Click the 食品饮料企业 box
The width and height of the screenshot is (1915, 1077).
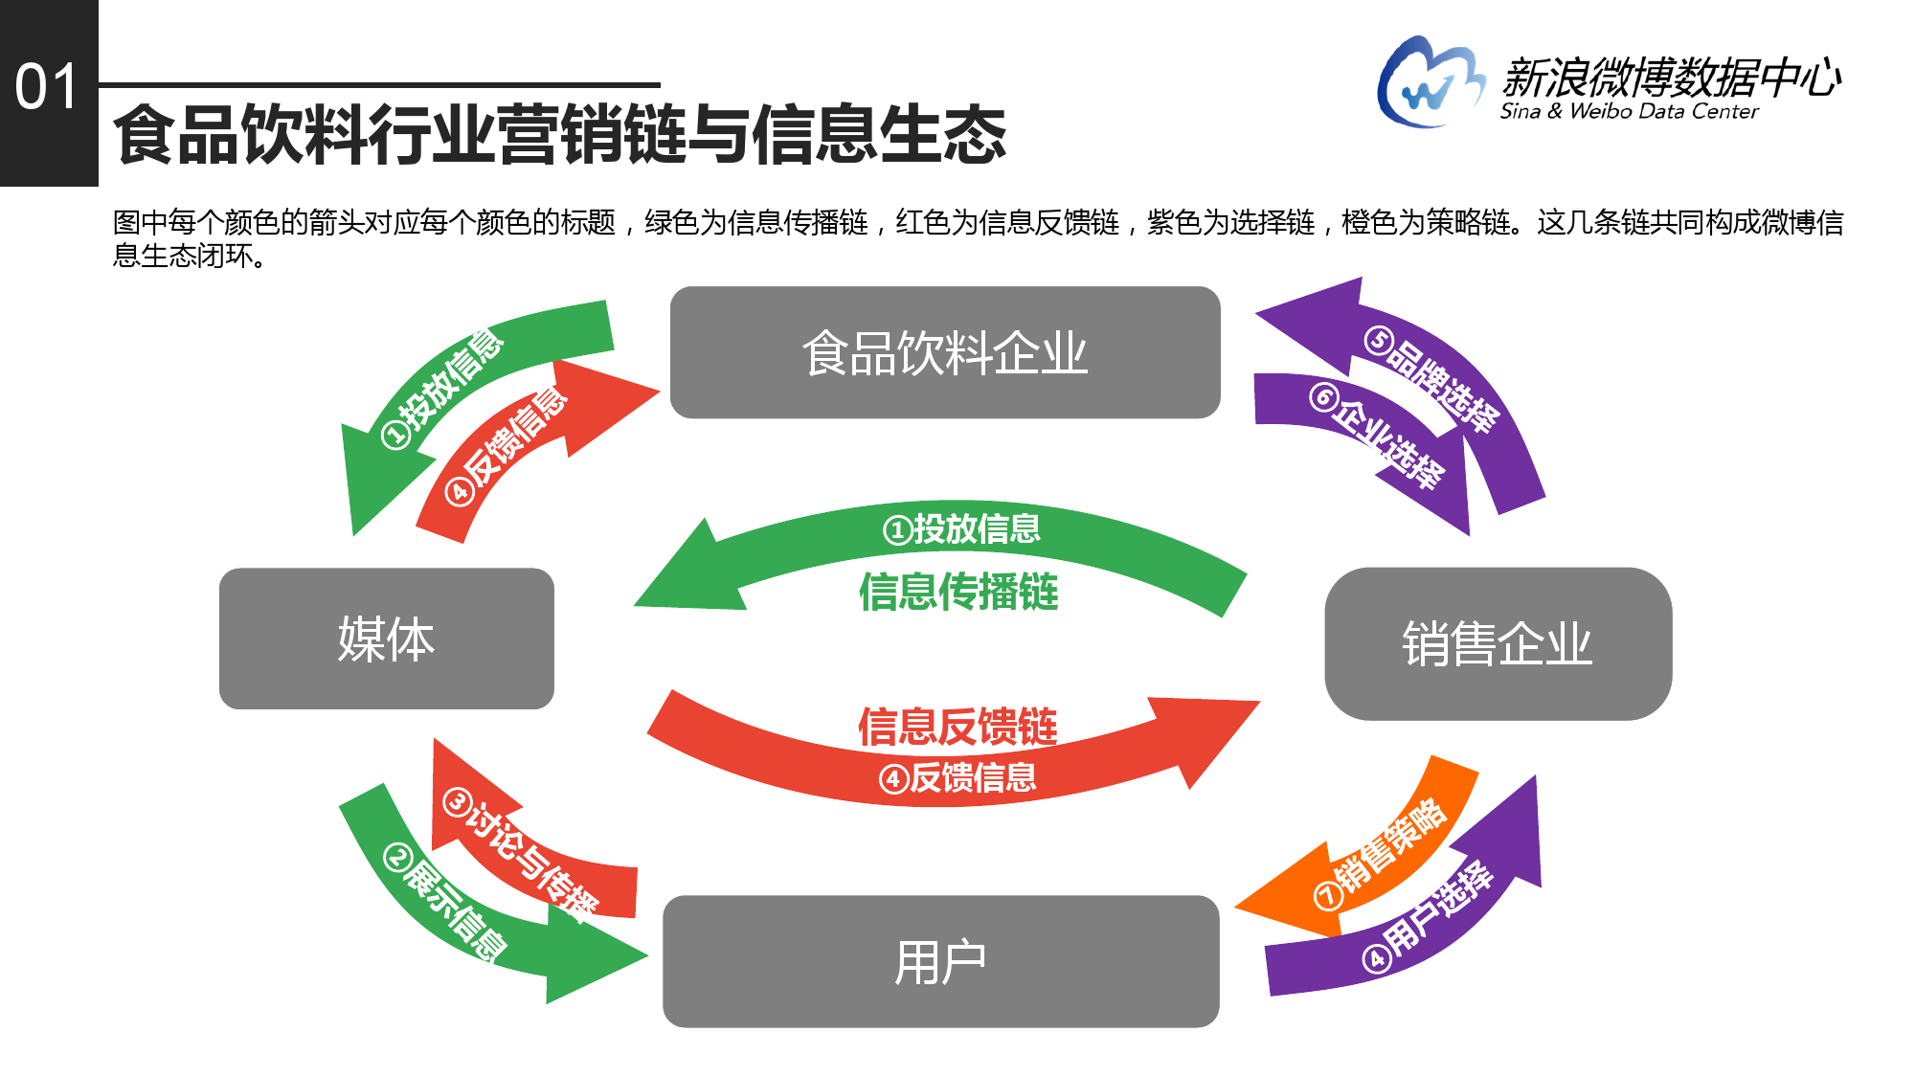[945, 352]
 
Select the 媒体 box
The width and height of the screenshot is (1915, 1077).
[387, 639]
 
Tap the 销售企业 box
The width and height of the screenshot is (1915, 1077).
[1498, 643]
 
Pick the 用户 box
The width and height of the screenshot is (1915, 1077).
[941, 961]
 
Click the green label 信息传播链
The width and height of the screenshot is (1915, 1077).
[958, 592]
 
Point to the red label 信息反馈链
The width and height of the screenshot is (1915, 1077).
[957, 726]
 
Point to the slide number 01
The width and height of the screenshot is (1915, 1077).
[46, 87]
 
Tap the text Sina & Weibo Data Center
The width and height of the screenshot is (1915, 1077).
[1629, 111]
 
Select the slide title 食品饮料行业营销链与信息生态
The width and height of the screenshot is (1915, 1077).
[560, 134]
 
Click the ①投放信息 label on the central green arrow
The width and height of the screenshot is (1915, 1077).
[961, 528]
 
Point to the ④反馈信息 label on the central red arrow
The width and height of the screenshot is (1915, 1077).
[957, 777]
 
